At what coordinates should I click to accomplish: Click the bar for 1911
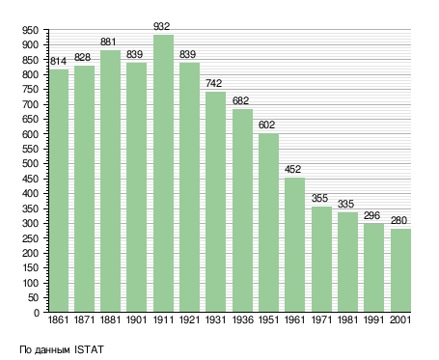[163, 173]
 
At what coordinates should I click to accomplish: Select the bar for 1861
[59, 190]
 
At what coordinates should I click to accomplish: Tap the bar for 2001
[400, 270]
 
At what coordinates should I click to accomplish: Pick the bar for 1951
[268, 223]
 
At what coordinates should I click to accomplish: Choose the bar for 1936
[242, 210]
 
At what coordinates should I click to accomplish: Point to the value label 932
[161, 26]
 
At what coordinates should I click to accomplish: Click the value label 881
[108, 42]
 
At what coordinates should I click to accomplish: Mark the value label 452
[292, 169]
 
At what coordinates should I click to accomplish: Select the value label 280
[398, 220]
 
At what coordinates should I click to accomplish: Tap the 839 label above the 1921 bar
[187, 54]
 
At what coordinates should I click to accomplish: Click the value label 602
[266, 125]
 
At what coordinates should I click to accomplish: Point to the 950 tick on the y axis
[31, 31]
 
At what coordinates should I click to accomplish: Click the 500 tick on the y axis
[31, 164]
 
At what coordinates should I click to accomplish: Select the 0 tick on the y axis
[37, 313]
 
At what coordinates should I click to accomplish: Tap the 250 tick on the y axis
[31, 238]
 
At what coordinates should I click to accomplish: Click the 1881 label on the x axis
[110, 319]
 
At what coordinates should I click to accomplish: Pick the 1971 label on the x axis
[321, 319]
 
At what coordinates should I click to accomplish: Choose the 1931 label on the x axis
[215, 319]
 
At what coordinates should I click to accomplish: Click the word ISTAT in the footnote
[89, 349]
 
